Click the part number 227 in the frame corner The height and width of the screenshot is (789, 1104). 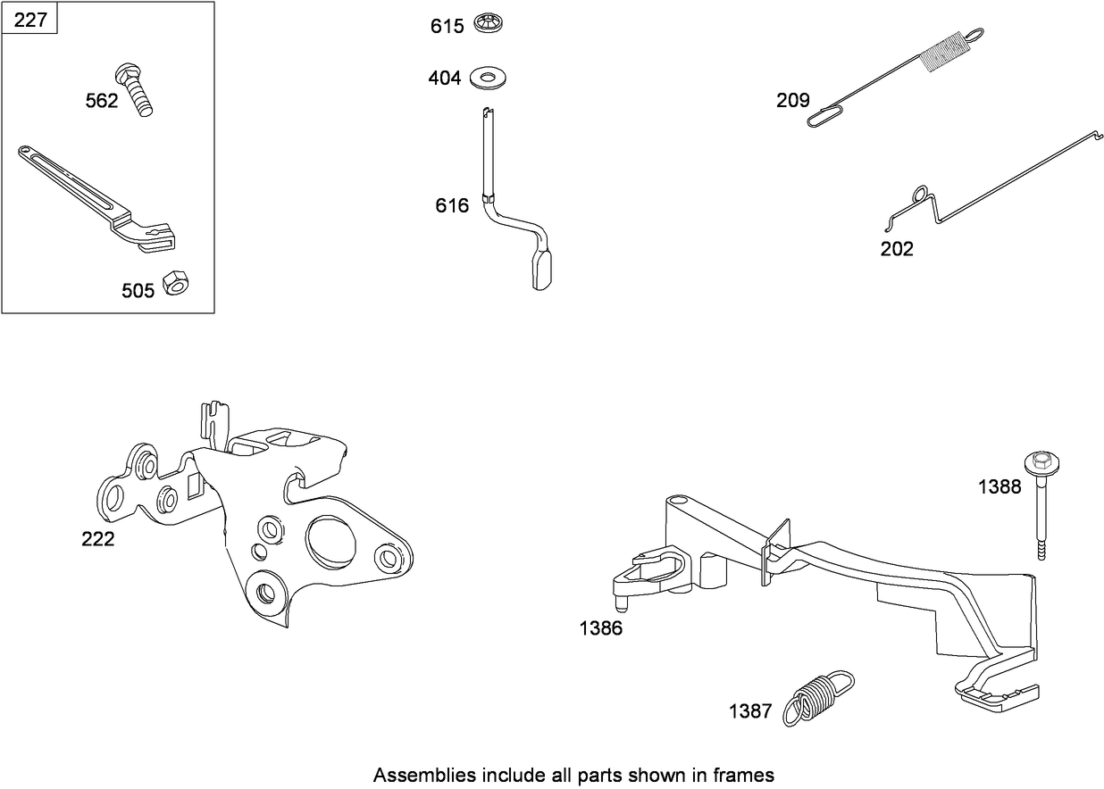(30, 19)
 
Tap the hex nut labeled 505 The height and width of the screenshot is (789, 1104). (177, 283)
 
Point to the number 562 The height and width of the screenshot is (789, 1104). (101, 101)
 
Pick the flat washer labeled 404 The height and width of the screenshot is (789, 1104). (485, 77)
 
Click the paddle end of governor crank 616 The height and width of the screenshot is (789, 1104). (543, 270)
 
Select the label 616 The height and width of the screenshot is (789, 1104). (452, 206)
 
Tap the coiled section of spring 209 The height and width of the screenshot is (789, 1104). (944, 50)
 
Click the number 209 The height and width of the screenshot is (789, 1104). (792, 100)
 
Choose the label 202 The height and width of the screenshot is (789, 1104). (897, 249)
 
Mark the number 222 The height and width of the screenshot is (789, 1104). (97, 539)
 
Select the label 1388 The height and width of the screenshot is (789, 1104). (999, 487)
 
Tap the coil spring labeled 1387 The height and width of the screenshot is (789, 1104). (818, 695)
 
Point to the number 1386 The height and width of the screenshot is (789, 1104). (601, 627)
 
